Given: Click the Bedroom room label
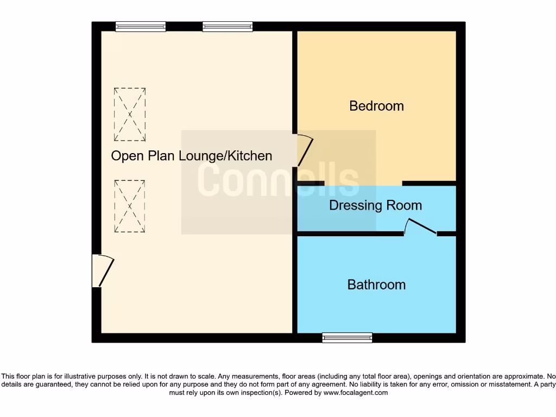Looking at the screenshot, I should point(376,106).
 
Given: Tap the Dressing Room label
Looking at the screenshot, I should point(375,205).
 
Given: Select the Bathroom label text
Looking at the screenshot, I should point(376,285).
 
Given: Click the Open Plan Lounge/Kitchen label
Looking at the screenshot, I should point(191,156).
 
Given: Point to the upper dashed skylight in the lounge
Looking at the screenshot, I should point(130,115).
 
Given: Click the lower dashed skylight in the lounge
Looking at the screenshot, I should point(130,206).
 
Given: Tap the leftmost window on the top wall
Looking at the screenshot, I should point(141,26).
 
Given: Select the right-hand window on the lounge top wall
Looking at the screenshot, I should point(228,26).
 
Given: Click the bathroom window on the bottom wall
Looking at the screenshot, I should point(347,337).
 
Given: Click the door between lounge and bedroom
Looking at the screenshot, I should point(304,150).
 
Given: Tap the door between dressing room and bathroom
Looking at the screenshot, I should point(421,228).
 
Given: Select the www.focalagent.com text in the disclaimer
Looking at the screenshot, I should point(355,393).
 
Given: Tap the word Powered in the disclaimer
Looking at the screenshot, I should point(300,393).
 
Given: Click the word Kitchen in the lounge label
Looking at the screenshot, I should point(249,156).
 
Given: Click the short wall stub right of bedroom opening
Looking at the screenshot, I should point(429,184).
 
